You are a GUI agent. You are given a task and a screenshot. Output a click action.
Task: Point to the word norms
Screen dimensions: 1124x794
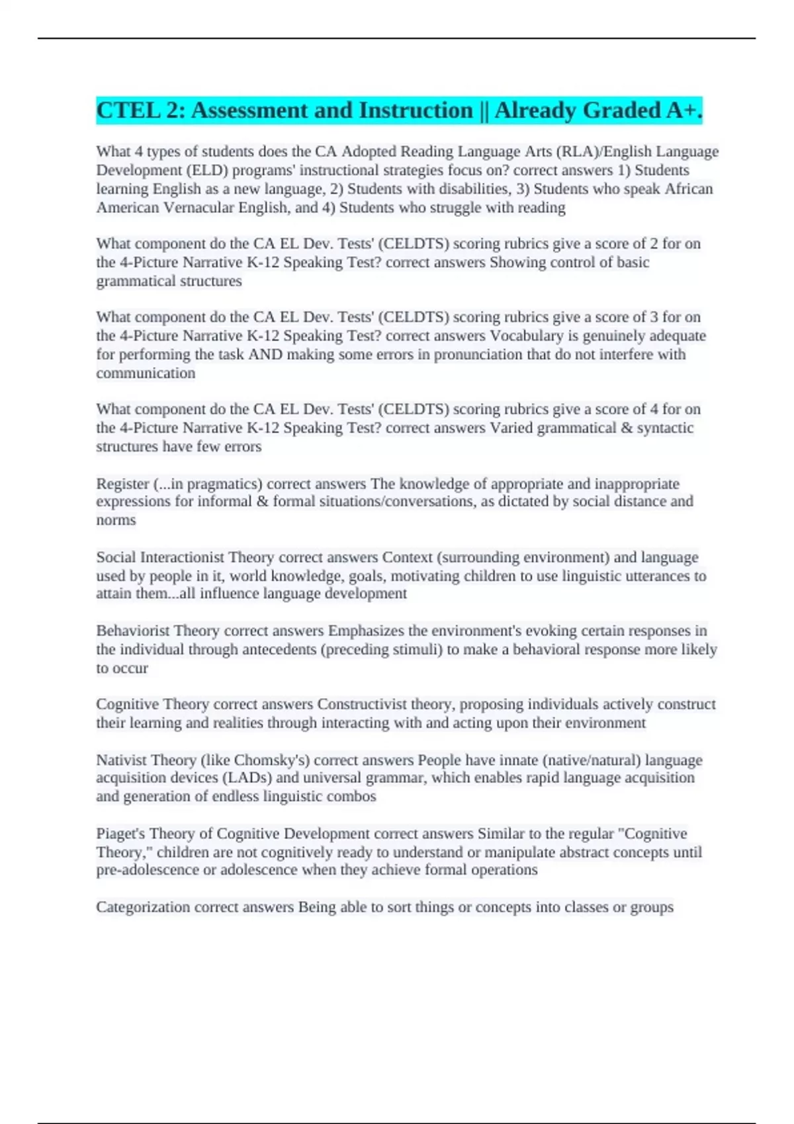tap(116, 520)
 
